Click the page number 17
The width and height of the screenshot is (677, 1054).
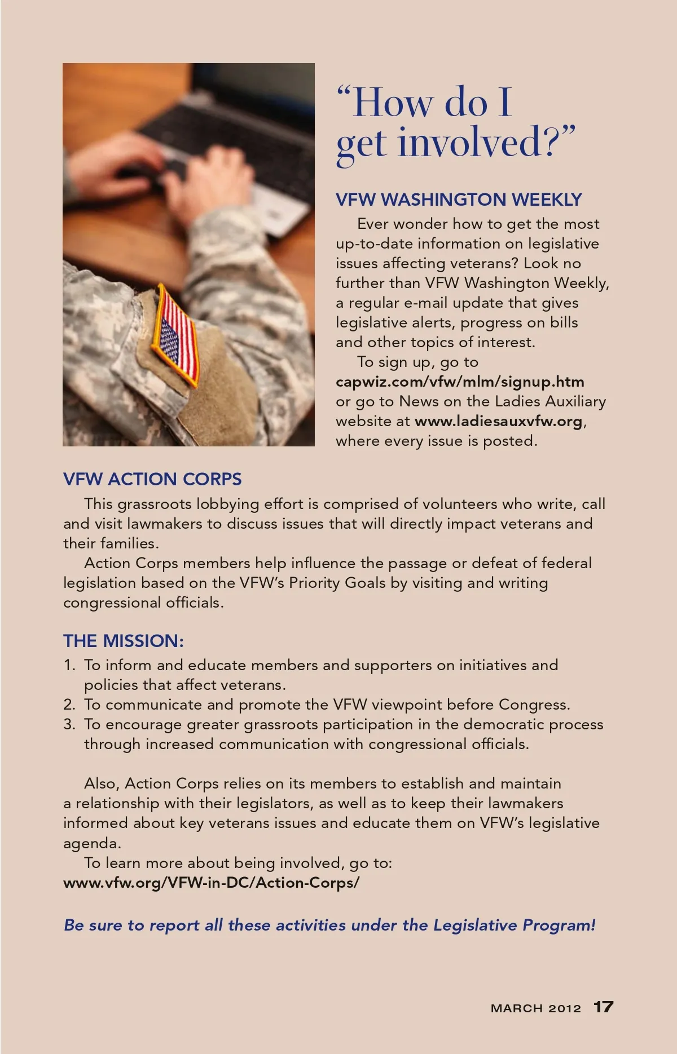click(x=603, y=1007)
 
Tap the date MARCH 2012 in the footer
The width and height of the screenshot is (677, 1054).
click(x=535, y=1008)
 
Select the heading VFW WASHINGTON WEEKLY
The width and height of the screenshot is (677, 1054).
click(x=459, y=200)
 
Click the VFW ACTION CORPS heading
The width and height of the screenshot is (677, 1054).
click(x=152, y=479)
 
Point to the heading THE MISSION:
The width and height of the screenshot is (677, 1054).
click(x=124, y=641)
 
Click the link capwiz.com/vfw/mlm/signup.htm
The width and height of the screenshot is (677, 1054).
click(x=460, y=382)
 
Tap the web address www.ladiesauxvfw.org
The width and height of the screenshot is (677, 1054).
click(x=498, y=421)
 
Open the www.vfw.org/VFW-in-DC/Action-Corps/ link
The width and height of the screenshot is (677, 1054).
click(x=211, y=883)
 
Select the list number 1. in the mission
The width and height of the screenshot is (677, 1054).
click(x=69, y=665)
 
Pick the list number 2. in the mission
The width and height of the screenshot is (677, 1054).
click(x=69, y=705)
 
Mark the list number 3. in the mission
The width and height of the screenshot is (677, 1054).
click(x=69, y=724)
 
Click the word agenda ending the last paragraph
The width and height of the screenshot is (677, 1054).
click(x=91, y=844)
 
